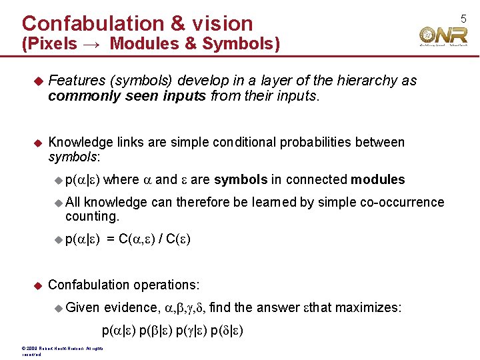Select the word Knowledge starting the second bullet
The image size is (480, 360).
(x=80, y=142)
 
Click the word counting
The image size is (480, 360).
(x=92, y=217)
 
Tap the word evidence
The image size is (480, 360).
(x=129, y=307)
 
